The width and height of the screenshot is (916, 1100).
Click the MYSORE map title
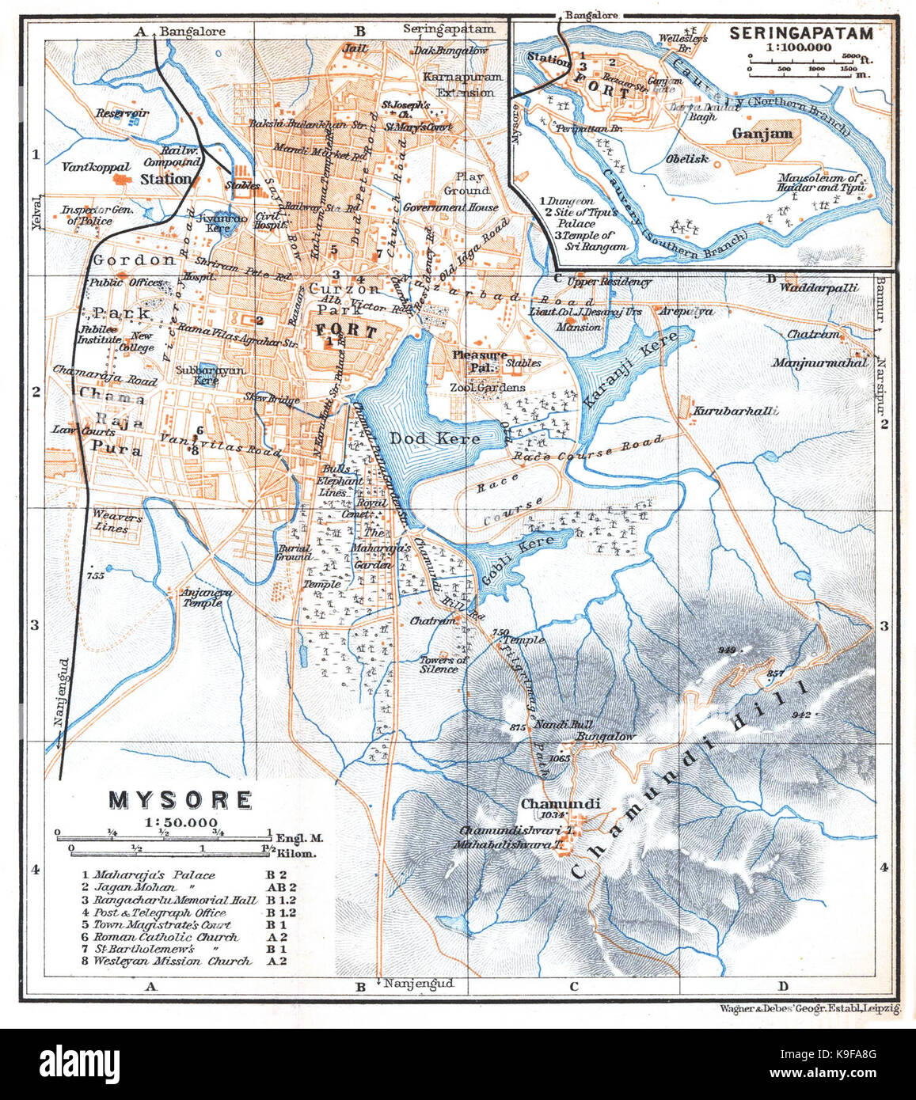(180, 800)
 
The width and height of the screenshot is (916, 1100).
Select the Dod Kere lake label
(434, 438)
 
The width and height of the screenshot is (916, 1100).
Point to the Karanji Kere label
(630, 370)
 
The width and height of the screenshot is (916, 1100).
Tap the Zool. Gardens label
(487, 388)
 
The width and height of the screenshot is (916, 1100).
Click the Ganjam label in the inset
(762, 134)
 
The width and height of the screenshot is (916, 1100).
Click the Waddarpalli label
(819, 287)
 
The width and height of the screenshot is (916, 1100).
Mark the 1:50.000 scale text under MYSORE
(180, 822)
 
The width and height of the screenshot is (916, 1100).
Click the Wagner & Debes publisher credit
(810, 1008)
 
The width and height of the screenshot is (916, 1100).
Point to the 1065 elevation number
(559, 758)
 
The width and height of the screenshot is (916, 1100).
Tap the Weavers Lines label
(116, 522)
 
